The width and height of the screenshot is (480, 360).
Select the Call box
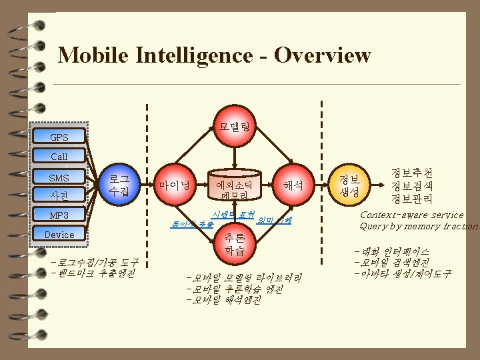(59, 157)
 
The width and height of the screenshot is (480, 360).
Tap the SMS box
(59, 178)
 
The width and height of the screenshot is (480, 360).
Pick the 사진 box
(59, 195)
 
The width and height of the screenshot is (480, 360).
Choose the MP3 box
(59, 215)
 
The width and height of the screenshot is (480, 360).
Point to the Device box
(59, 235)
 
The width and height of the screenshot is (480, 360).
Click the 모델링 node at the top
(234, 125)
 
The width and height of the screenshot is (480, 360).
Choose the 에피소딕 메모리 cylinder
(234, 189)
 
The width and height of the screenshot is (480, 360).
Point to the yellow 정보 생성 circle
(349, 185)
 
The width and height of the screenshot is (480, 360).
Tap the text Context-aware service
(411, 215)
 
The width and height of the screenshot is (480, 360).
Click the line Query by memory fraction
(419, 226)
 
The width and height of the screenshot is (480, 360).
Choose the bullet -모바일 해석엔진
(225, 300)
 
